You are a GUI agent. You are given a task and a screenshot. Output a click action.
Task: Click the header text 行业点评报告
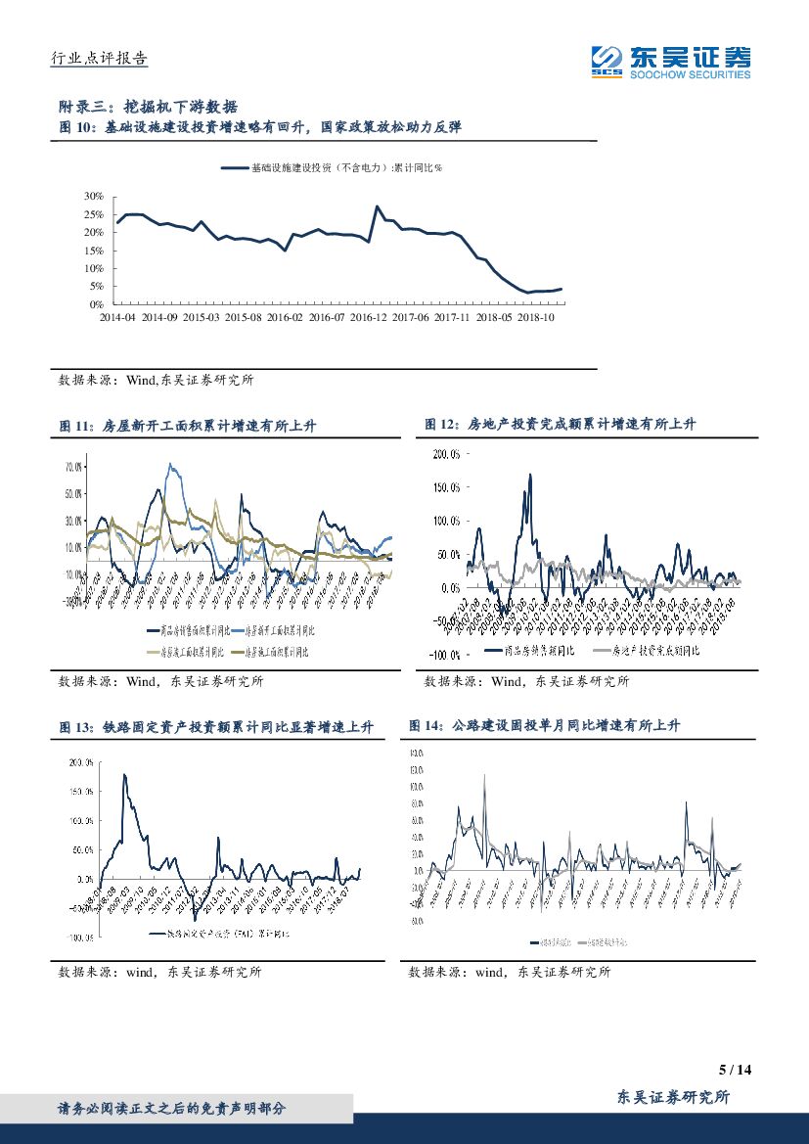coord(99,59)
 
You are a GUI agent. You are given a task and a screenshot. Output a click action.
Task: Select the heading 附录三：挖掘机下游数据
coord(149,107)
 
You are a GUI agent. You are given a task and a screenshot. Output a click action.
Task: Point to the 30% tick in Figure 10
coord(94,196)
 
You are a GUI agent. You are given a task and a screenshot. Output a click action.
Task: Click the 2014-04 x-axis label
coord(118,317)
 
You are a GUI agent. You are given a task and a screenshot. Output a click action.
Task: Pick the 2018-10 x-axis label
coord(536,317)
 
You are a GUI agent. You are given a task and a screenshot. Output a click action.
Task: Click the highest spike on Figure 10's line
coord(378,206)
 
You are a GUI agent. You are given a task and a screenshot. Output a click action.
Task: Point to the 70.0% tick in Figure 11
coord(74,467)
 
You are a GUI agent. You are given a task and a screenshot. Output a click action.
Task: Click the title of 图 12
coord(560,424)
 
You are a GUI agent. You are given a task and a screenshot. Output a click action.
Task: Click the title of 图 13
coord(216,727)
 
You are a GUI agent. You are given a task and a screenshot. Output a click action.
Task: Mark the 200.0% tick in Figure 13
coord(80,761)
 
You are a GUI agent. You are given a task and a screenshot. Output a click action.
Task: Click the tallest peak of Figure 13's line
coord(124,775)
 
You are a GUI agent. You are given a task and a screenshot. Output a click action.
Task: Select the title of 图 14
coord(544,725)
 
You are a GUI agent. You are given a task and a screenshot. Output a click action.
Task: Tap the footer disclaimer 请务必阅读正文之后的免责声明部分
coord(172,1109)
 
